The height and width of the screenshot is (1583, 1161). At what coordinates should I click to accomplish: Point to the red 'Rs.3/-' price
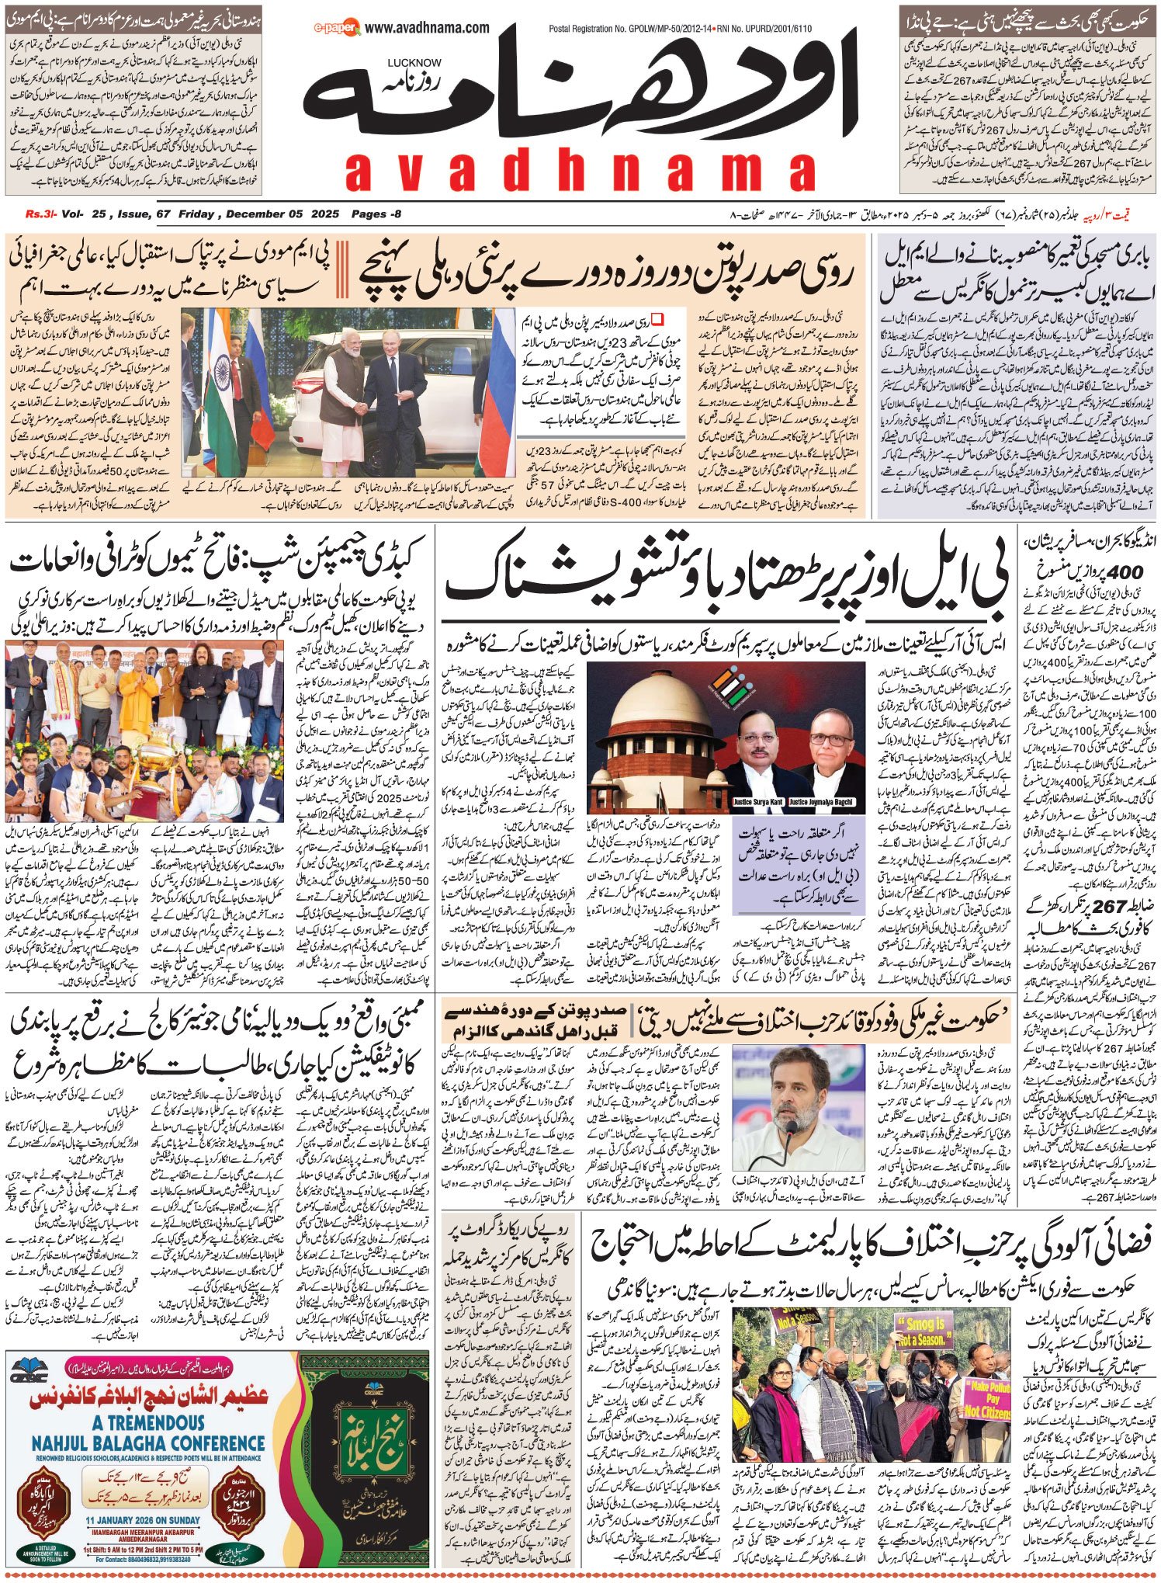(36, 214)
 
